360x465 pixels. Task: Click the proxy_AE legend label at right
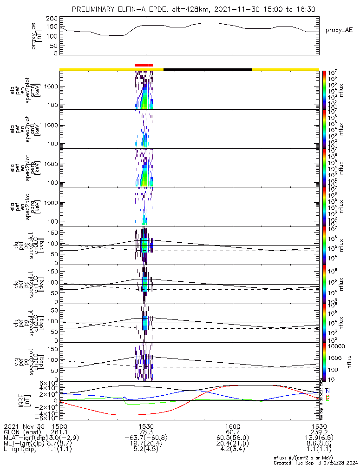tap(339, 30)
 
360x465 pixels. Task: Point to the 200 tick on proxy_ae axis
tap(52, 18)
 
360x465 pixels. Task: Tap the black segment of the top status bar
tap(208, 69)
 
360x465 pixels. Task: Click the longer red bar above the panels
tap(141, 66)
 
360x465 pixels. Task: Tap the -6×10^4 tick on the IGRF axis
tap(48, 418)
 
